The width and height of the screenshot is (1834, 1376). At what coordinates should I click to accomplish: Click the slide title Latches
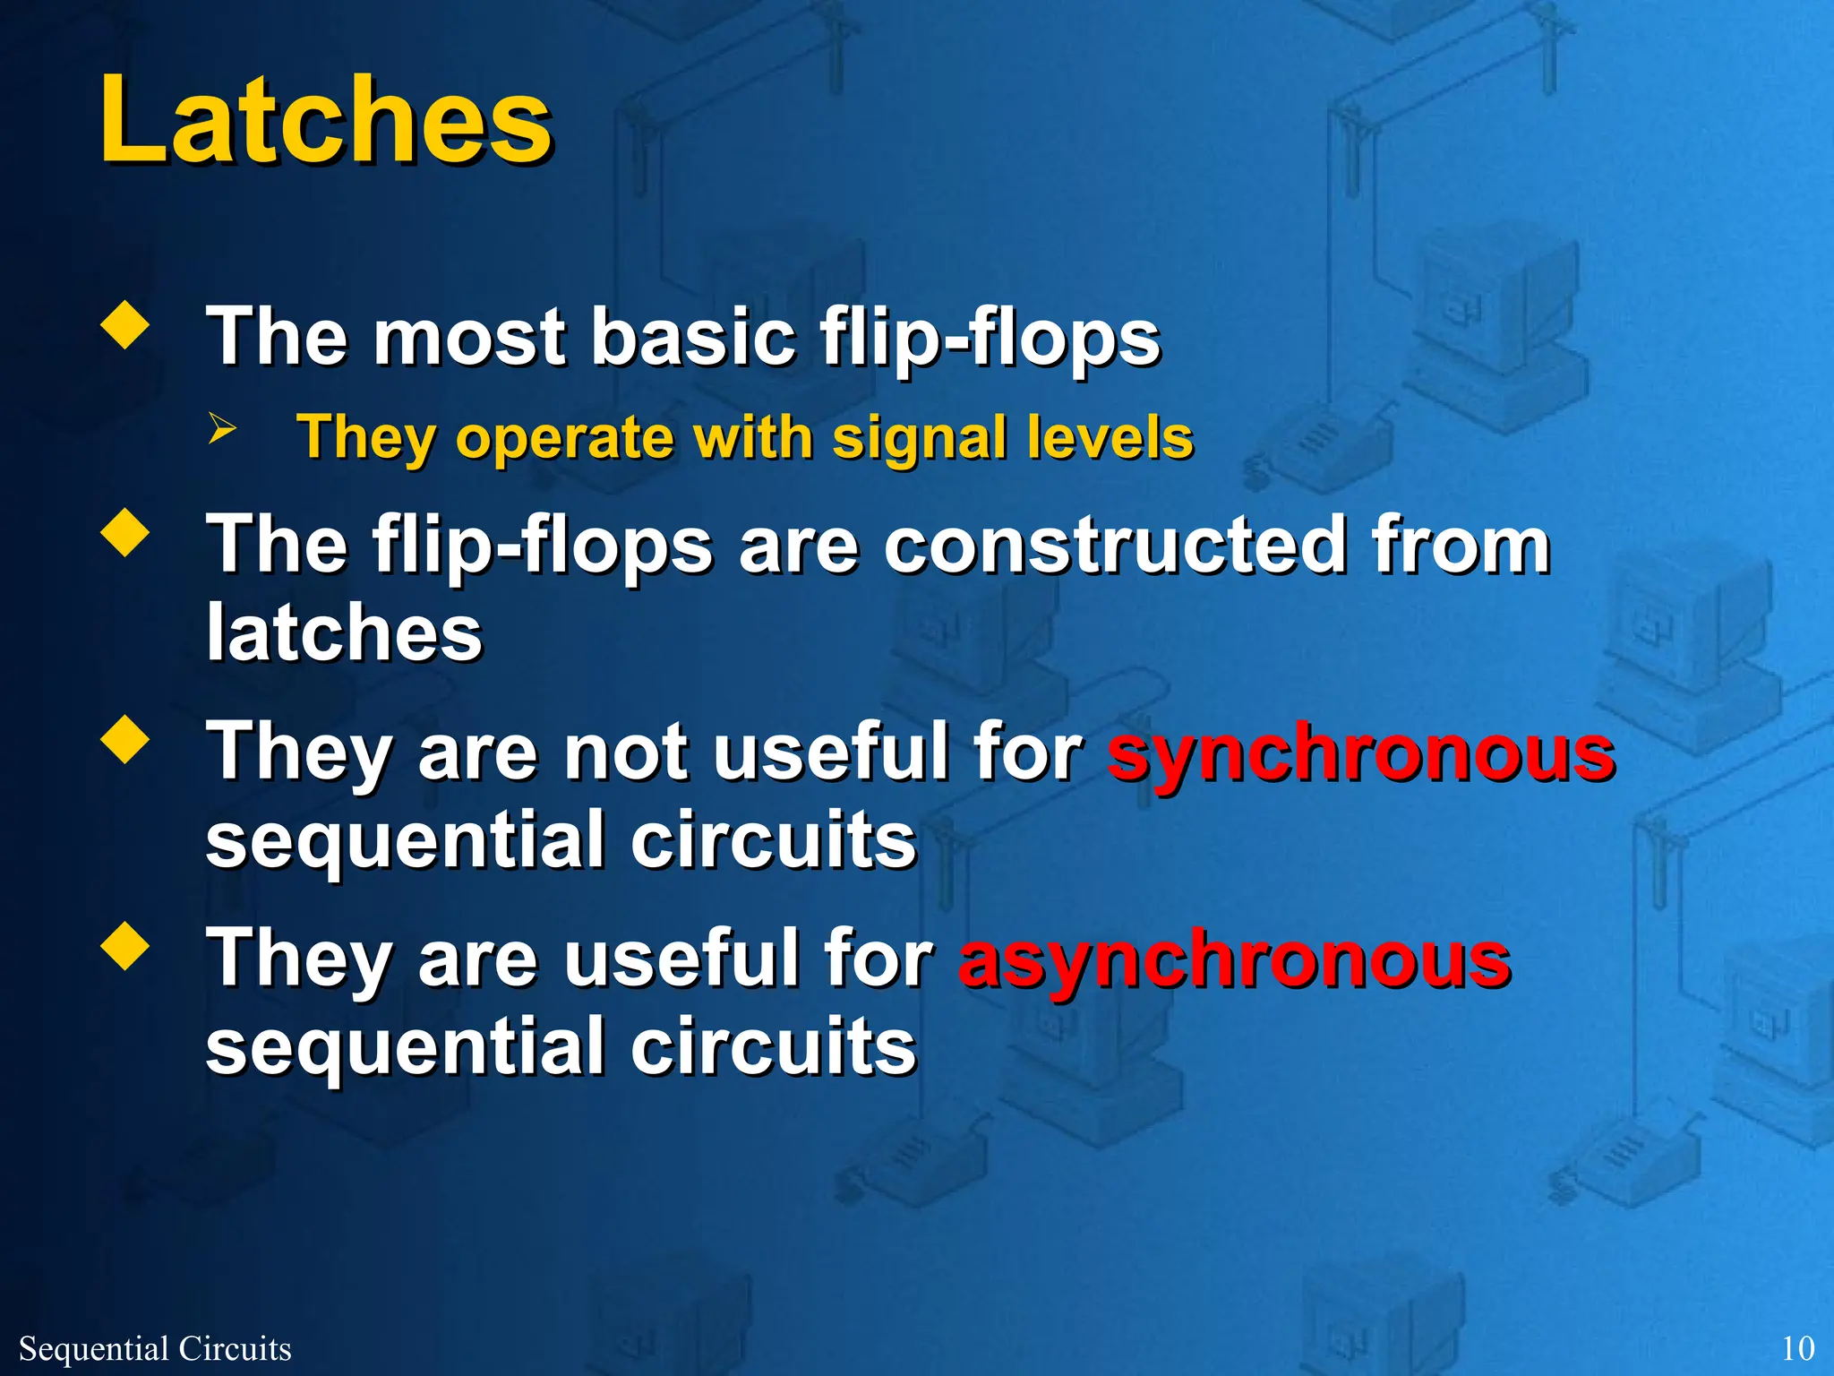click(325, 121)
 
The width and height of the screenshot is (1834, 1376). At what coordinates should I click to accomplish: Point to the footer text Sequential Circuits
click(155, 1348)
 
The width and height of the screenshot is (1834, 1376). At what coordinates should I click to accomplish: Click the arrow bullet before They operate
click(221, 429)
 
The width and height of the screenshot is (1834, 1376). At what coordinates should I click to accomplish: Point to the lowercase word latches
click(344, 632)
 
